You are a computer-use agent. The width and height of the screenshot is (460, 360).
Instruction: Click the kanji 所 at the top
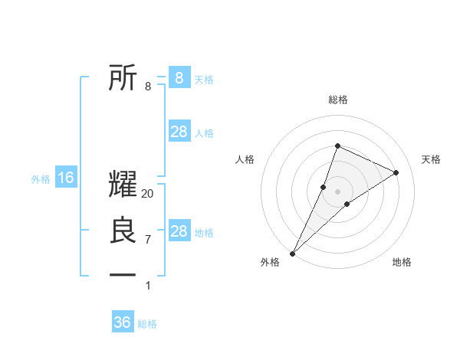coord(123,77)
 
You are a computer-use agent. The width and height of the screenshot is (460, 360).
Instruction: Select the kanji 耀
coord(123,184)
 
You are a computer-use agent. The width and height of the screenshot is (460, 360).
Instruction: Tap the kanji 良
coord(123,231)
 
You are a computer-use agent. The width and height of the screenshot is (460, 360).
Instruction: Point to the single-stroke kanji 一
coord(123,274)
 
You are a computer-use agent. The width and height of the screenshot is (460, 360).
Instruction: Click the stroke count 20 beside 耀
coord(148,194)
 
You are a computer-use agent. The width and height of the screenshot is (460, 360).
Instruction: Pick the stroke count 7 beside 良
coord(148,240)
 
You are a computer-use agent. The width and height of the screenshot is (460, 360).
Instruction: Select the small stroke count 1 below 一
coord(148,286)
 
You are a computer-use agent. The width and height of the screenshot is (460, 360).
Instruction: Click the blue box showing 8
coord(179,77)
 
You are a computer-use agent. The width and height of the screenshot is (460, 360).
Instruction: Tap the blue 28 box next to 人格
coord(179,132)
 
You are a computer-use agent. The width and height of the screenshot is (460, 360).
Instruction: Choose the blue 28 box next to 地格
coord(179,231)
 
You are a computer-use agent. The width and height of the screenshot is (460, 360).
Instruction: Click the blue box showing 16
coord(66,178)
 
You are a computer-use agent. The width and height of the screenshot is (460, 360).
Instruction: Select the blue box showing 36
coord(123,322)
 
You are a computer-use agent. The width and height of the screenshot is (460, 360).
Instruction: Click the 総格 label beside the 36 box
coord(147,324)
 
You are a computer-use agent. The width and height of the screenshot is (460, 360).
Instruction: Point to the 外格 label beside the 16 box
coord(41,179)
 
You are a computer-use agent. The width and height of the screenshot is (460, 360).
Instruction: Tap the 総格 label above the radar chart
coord(337,100)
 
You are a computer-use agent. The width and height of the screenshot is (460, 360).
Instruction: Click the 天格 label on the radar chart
coord(432,159)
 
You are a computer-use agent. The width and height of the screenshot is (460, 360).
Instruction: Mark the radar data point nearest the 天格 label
coord(396,173)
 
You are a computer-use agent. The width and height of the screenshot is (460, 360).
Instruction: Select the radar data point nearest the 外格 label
coord(293,253)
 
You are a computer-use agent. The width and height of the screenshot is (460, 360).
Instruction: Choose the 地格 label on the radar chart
coord(402,262)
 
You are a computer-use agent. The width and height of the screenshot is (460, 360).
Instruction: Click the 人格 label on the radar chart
coord(245,159)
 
